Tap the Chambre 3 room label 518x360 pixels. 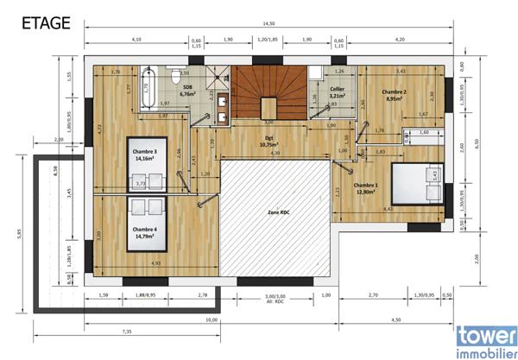[x=144, y=155]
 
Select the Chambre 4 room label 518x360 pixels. [x=144, y=231]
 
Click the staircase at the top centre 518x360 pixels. [x=270, y=93]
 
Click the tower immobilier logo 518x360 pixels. [x=486, y=338]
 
